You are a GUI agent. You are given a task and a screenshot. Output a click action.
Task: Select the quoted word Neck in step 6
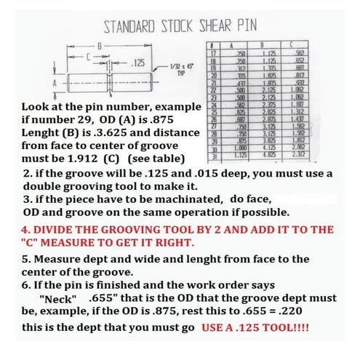(x=60, y=300)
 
